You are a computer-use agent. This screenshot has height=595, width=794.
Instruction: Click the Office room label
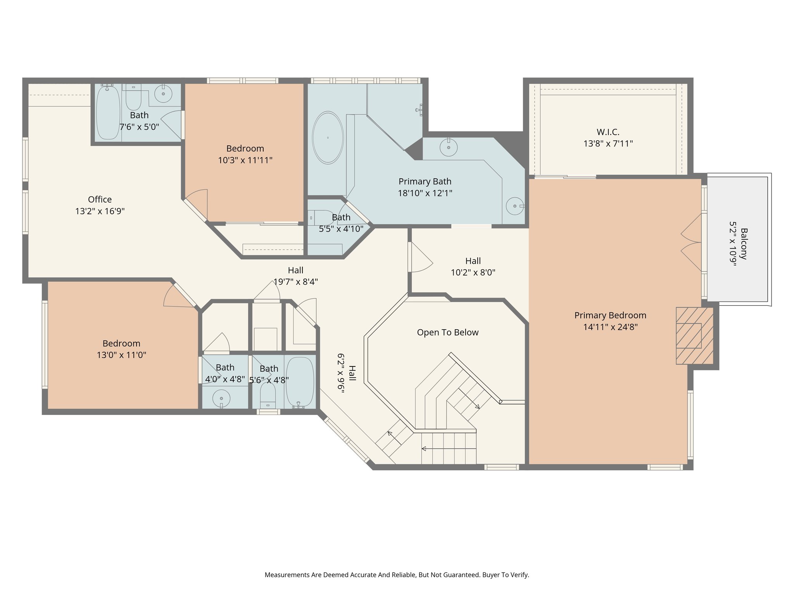(x=100, y=199)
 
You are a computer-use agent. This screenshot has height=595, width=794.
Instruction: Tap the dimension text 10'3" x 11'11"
(x=245, y=160)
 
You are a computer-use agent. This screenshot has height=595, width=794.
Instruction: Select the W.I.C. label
(x=608, y=132)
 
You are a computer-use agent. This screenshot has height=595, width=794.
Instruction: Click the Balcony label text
(x=744, y=244)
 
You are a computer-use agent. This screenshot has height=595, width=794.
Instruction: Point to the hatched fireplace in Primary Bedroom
(x=694, y=336)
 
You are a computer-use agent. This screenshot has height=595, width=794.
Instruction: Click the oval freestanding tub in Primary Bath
(x=328, y=138)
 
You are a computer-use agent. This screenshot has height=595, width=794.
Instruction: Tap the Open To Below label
(x=447, y=332)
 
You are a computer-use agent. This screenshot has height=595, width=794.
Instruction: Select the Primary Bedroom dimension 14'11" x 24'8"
(x=610, y=327)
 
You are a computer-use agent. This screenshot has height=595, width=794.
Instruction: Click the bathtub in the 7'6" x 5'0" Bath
(x=107, y=113)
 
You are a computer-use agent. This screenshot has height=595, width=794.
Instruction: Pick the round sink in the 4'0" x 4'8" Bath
(x=221, y=398)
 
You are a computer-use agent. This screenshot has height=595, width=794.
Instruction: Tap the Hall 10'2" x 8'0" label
(x=473, y=261)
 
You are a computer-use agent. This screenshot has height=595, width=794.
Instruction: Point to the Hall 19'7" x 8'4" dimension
(x=295, y=282)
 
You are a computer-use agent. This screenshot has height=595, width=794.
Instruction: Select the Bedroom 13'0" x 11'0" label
(x=121, y=344)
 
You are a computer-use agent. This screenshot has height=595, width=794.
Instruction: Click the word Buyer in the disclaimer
(x=491, y=575)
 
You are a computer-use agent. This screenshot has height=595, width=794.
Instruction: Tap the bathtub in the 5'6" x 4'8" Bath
(x=300, y=382)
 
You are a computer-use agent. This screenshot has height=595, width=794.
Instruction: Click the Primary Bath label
(x=425, y=181)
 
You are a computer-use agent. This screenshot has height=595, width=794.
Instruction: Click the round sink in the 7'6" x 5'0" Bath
(x=163, y=94)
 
